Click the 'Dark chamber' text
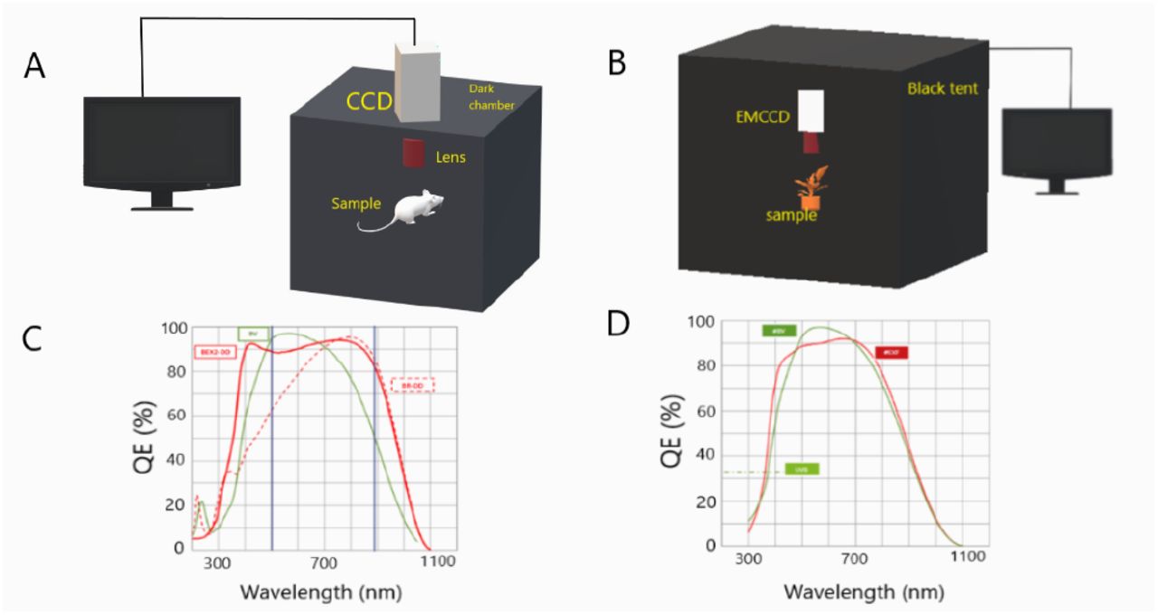[491, 96]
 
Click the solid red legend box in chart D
[891, 353]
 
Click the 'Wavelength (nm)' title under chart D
[863, 592]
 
